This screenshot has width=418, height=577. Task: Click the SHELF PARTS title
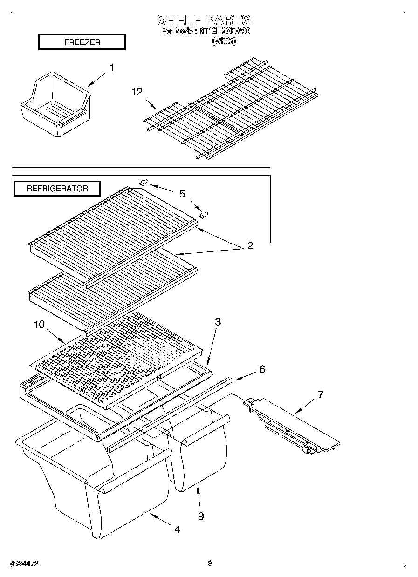[204, 20]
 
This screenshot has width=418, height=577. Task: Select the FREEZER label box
[82, 42]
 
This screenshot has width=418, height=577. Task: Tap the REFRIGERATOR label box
[57, 189]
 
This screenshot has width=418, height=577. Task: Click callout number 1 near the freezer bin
[111, 68]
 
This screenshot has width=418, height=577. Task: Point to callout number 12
[137, 92]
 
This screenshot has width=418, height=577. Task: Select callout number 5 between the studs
[182, 194]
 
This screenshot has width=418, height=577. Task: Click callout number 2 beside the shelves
[250, 245]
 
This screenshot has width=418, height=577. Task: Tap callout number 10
[39, 324]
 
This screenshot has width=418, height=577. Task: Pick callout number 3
[218, 321]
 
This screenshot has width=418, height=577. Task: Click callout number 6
[262, 369]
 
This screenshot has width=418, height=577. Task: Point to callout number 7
[320, 394]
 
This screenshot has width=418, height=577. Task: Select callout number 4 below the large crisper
[177, 529]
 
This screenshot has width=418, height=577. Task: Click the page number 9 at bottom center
[210, 563]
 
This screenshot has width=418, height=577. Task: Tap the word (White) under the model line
[224, 41]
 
